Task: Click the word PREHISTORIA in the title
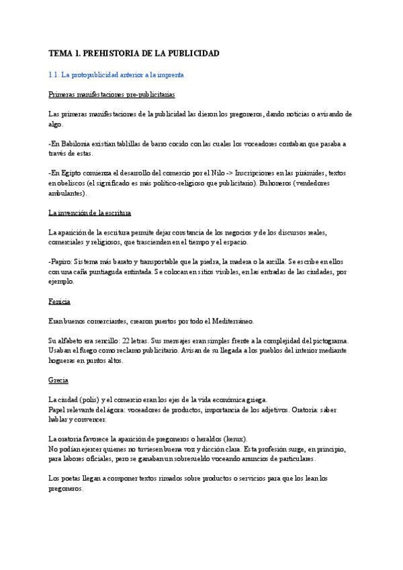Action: coord(113,53)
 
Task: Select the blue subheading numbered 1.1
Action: coord(116,75)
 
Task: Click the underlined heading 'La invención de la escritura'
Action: coord(90,212)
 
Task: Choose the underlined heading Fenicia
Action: coord(59,301)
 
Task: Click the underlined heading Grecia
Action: coord(58,380)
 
